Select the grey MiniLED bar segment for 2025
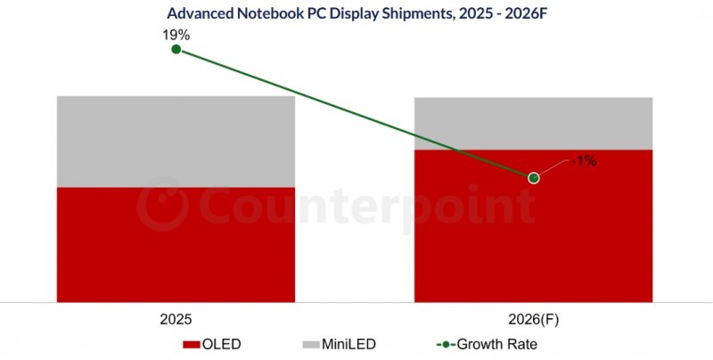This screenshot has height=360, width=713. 176,141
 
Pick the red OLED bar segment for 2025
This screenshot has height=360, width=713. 176,245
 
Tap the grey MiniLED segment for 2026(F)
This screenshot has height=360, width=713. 533,123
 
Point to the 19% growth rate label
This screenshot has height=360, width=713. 176,34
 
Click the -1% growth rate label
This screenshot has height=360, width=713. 583,161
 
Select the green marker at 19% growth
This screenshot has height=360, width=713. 176,50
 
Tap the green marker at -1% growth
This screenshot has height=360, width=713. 534,178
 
